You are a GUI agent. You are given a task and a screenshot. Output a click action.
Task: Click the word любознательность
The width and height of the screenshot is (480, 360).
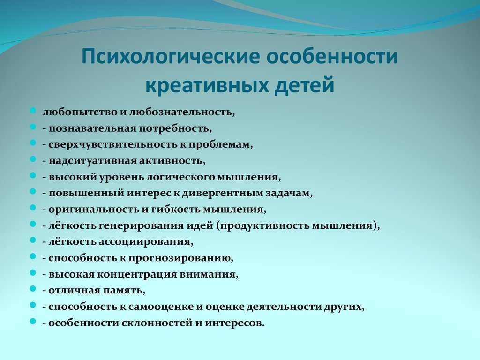click(x=181, y=112)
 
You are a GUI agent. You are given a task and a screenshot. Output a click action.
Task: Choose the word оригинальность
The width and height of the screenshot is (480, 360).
click(x=94, y=210)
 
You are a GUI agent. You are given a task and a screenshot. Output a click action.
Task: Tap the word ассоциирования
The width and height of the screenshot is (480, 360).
click(x=145, y=242)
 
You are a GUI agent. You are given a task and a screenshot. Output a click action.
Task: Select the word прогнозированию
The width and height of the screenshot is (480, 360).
click(x=180, y=258)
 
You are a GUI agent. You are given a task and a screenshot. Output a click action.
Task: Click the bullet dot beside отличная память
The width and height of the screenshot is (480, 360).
click(x=33, y=288)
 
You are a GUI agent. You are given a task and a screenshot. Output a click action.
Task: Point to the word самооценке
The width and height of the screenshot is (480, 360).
click(x=161, y=307)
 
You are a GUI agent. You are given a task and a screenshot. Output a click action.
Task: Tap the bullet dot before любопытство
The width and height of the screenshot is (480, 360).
click(x=33, y=110)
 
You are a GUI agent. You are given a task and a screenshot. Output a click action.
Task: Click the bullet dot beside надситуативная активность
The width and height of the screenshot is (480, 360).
click(x=33, y=158)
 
